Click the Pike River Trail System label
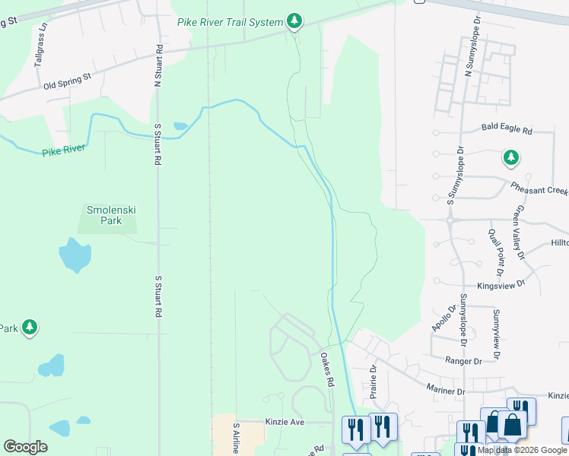click(x=230, y=22)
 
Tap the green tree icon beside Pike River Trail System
click(x=295, y=21)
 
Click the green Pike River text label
click(x=64, y=150)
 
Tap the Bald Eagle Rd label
click(x=506, y=129)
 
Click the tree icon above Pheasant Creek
click(x=510, y=158)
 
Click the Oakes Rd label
click(x=328, y=370)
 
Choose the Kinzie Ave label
click(x=284, y=421)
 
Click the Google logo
click(x=25, y=447)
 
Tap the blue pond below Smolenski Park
click(x=75, y=255)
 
